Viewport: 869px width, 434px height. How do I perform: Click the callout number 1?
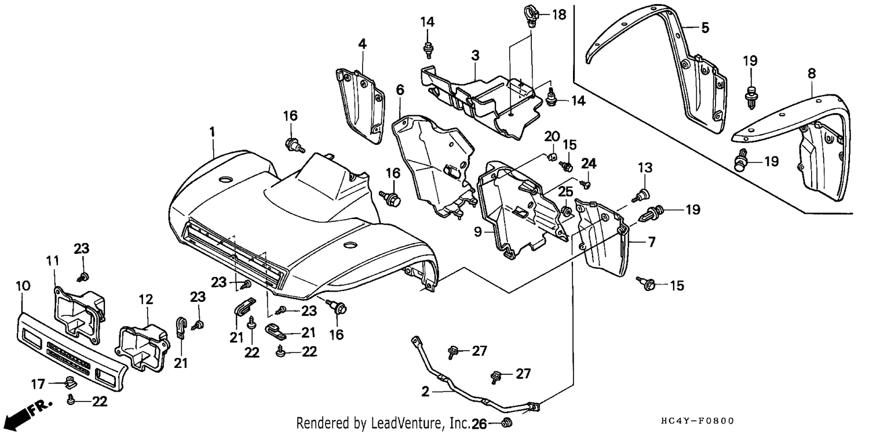[x=212, y=132]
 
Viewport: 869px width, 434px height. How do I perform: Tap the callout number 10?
[x=23, y=286]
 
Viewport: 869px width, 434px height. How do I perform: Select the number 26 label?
[x=479, y=424]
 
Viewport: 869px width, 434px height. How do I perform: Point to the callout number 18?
[x=559, y=14]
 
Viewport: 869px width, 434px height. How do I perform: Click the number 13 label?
[x=645, y=168]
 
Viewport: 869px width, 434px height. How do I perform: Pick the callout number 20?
[x=552, y=137]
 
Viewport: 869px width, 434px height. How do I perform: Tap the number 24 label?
[x=589, y=163]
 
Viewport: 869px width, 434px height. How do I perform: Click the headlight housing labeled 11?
[x=79, y=312]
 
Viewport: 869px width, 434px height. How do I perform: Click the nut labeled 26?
[x=506, y=422]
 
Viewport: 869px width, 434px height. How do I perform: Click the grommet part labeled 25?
[x=566, y=211]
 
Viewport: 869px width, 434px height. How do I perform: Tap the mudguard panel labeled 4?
[x=360, y=105]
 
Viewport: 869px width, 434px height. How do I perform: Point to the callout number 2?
[x=426, y=392]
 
